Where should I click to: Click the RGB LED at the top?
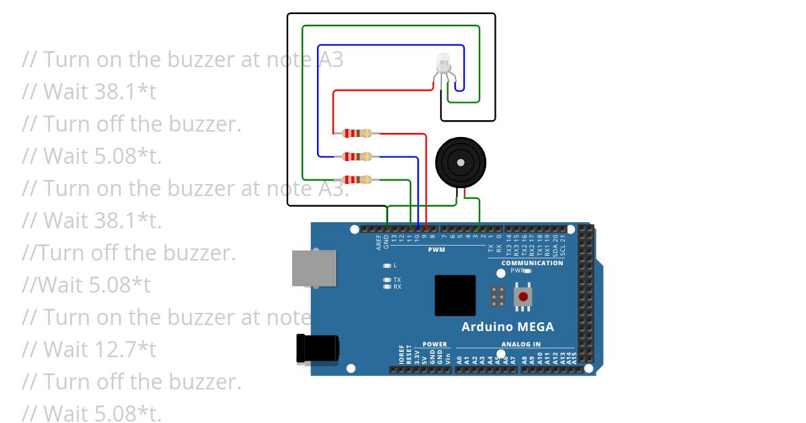444,64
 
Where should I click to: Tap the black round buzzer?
460,161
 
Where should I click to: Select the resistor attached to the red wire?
356,134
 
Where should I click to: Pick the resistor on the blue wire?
356,156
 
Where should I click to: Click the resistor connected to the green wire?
356,179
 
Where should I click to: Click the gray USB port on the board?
314,268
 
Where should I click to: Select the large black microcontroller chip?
455,295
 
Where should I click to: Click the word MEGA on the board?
534,327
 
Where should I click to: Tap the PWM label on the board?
436,250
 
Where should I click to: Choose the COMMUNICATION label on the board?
532,263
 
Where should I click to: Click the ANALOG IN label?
521,344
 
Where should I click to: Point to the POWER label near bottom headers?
435,344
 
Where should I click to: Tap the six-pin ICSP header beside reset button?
498,296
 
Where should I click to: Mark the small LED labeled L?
386,265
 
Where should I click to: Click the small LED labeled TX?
386,279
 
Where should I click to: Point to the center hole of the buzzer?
460,162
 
